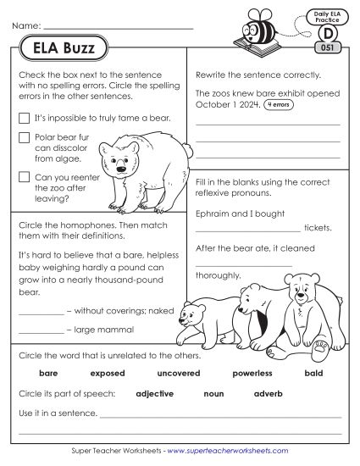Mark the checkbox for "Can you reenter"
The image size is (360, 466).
(x=25, y=177)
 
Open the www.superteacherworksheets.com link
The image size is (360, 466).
(x=228, y=452)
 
